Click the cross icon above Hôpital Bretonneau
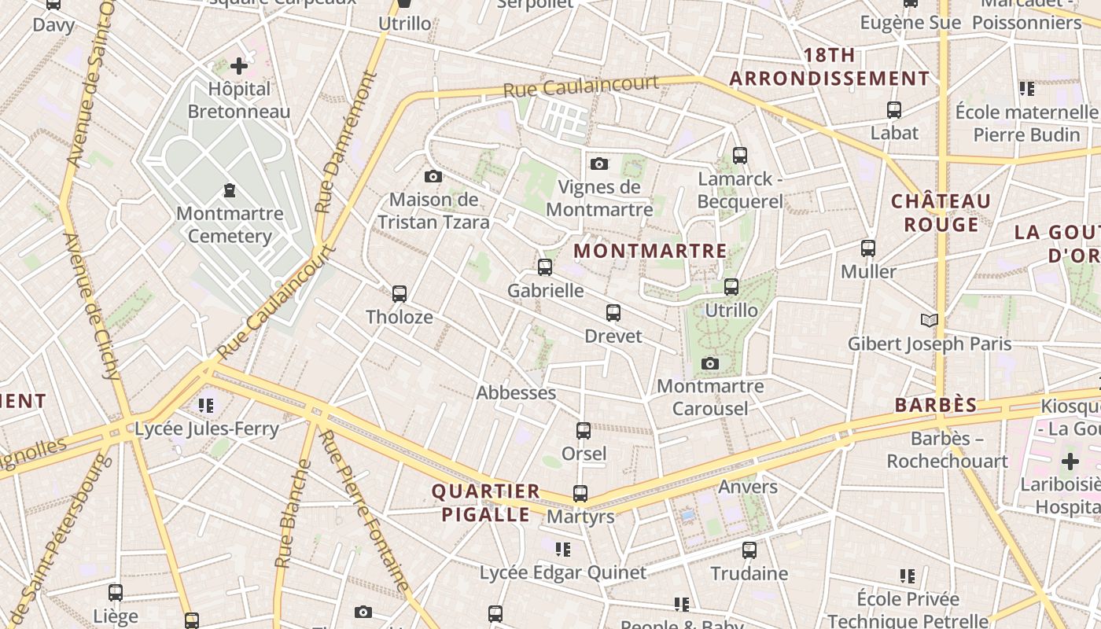point(239,66)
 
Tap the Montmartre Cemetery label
point(230,224)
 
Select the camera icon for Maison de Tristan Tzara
point(433,176)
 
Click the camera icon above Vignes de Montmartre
point(599,164)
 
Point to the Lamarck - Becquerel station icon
point(739,156)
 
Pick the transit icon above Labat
point(893,110)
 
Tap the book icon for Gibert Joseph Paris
point(930,320)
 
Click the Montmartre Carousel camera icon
point(710,363)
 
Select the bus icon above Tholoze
point(400,294)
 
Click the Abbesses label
point(516,392)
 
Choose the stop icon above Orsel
point(584,431)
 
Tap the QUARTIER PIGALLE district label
point(485,503)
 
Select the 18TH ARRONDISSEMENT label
point(829,67)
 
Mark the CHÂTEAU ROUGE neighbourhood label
point(941,213)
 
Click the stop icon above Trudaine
point(749,550)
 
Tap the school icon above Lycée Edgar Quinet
point(562,549)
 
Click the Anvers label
point(748,487)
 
